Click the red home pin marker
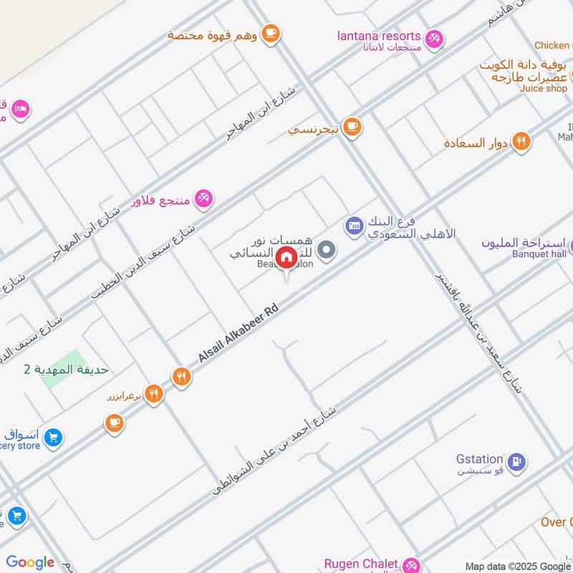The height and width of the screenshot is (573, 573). (x=286, y=256)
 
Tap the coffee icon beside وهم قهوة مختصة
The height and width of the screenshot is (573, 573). (x=270, y=33)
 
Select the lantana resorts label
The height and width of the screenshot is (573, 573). (x=378, y=36)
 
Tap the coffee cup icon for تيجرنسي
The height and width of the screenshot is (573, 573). (x=351, y=127)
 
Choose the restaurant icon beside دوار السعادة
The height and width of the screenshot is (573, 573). (x=521, y=141)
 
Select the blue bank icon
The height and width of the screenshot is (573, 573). (x=354, y=226)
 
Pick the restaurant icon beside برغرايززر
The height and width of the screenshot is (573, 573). (x=153, y=393)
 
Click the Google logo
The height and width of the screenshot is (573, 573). (x=30, y=562)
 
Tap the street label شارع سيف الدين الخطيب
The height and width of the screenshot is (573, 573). (x=143, y=261)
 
